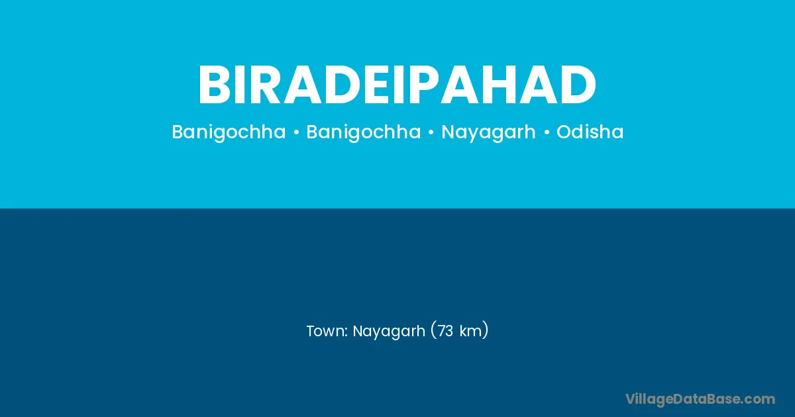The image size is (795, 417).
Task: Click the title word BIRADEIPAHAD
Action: (397, 85)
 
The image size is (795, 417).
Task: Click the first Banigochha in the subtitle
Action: (229, 132)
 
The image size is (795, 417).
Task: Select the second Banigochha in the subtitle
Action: (364, 132)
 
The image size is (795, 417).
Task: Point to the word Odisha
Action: (590, 132)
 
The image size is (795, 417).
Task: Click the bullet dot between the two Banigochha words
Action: (296, 132)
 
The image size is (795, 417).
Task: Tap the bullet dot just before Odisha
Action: (547, 132)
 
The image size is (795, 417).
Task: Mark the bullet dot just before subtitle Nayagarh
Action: (431, 132)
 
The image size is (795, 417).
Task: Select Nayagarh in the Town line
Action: (389, 332)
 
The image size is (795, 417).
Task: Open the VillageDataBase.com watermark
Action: (700, 399)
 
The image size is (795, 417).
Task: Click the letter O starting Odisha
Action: (564, 132)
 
